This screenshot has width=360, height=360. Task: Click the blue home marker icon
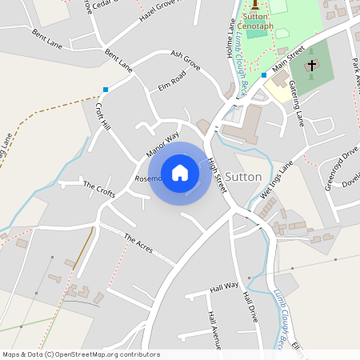pos(180,172)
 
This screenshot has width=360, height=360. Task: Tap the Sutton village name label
pos(244,176)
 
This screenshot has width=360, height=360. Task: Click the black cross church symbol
pos(311,64)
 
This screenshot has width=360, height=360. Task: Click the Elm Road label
pos(172,81)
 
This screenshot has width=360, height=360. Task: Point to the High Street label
pos(212,167)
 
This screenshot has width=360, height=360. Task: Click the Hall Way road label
pos(224,286)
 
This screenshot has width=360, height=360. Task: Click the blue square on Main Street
pos(263,75)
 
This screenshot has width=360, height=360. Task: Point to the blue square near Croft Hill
pos(105,89)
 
